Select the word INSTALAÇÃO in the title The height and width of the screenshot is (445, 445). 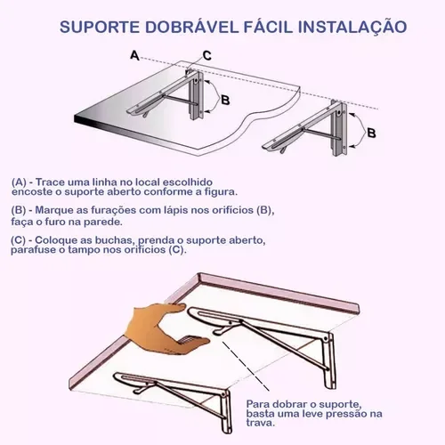click(x=346, y=28)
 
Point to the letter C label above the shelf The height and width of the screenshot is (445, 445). click(x=206, y=55)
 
